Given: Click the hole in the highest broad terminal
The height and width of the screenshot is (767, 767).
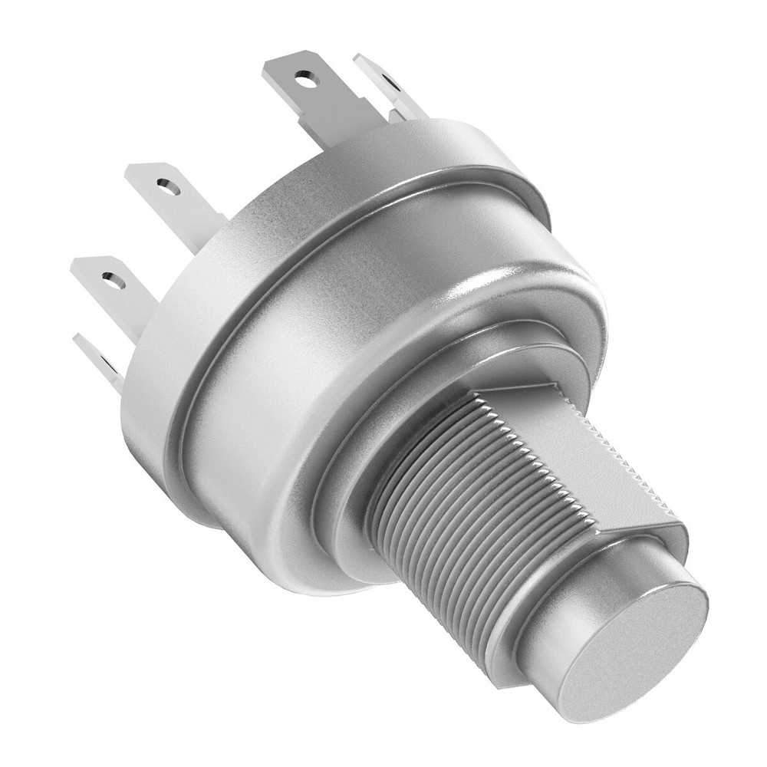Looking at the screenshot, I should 305,77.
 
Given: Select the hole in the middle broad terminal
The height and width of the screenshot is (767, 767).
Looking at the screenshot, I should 163,184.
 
